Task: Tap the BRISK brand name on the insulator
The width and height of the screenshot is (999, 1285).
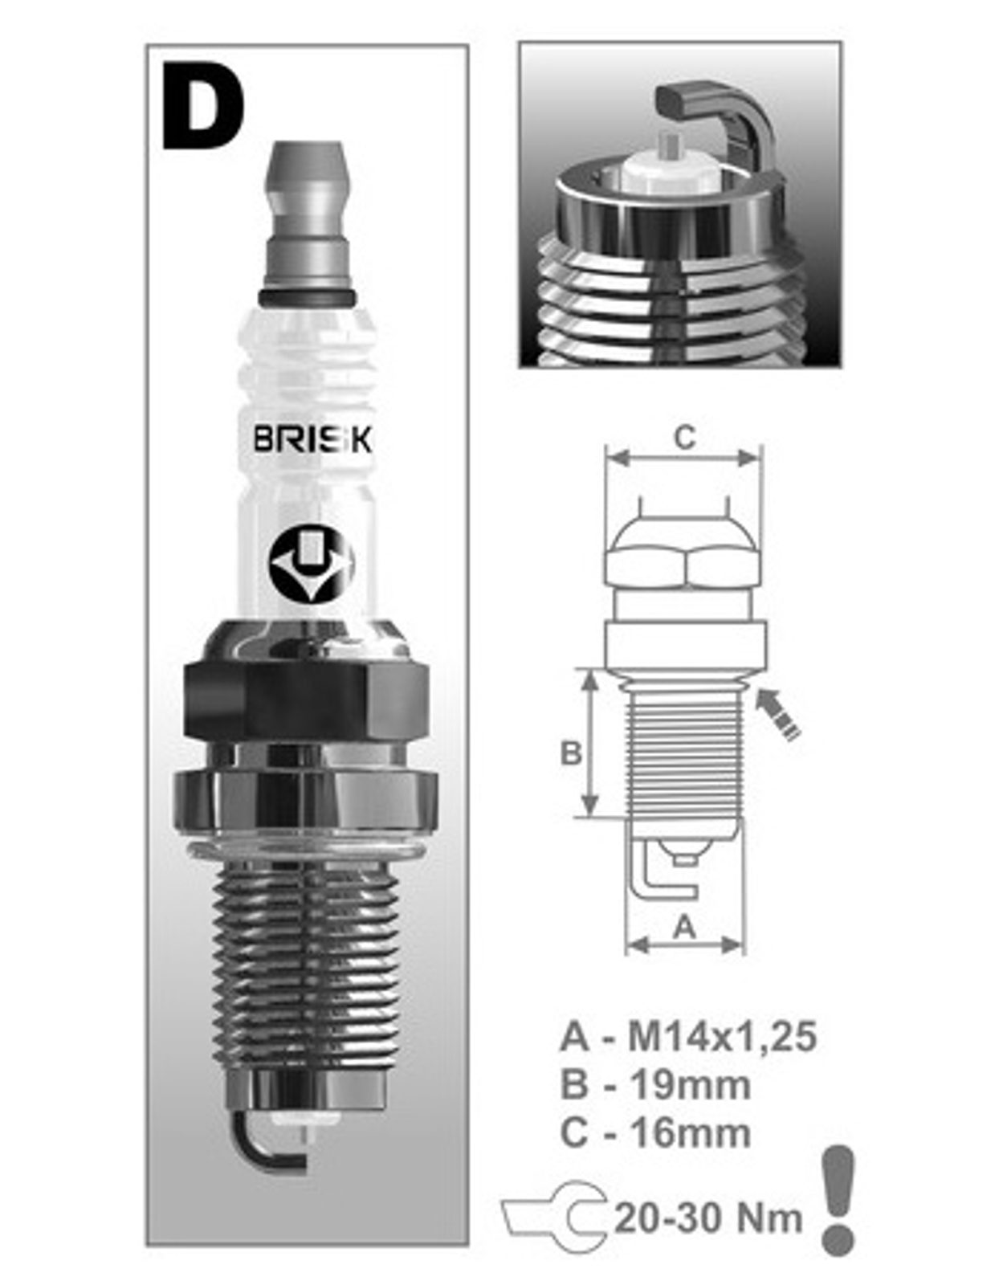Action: [x=312, y=439]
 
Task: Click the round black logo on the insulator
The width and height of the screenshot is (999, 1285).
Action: [x=311, y=562]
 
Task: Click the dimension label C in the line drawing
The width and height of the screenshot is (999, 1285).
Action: [x=684, y=439]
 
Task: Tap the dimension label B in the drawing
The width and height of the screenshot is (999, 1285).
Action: [x=570, y=753]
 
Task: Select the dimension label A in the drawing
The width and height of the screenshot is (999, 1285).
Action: [x=684, y=928]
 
